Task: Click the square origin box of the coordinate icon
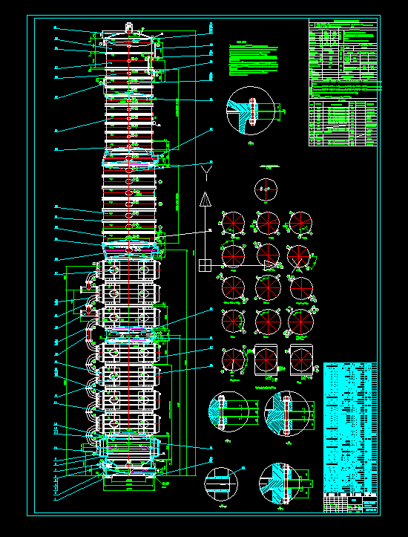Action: (205, 264)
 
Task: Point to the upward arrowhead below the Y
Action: (205, 198)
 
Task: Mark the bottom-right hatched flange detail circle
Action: (283, 484)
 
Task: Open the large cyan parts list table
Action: (350, 426)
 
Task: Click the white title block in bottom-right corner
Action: (351, 503)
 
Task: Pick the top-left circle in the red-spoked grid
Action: (232, 223)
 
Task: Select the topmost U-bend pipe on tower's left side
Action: (91, 276)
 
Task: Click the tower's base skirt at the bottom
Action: (130, 483)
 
